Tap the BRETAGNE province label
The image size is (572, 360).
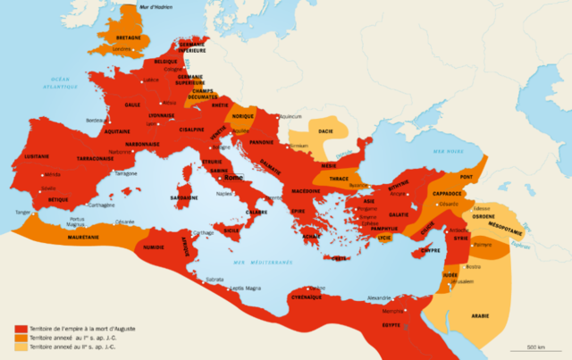(127, 39)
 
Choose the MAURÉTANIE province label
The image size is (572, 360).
(86, 239)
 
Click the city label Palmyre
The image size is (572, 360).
(483, 244)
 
